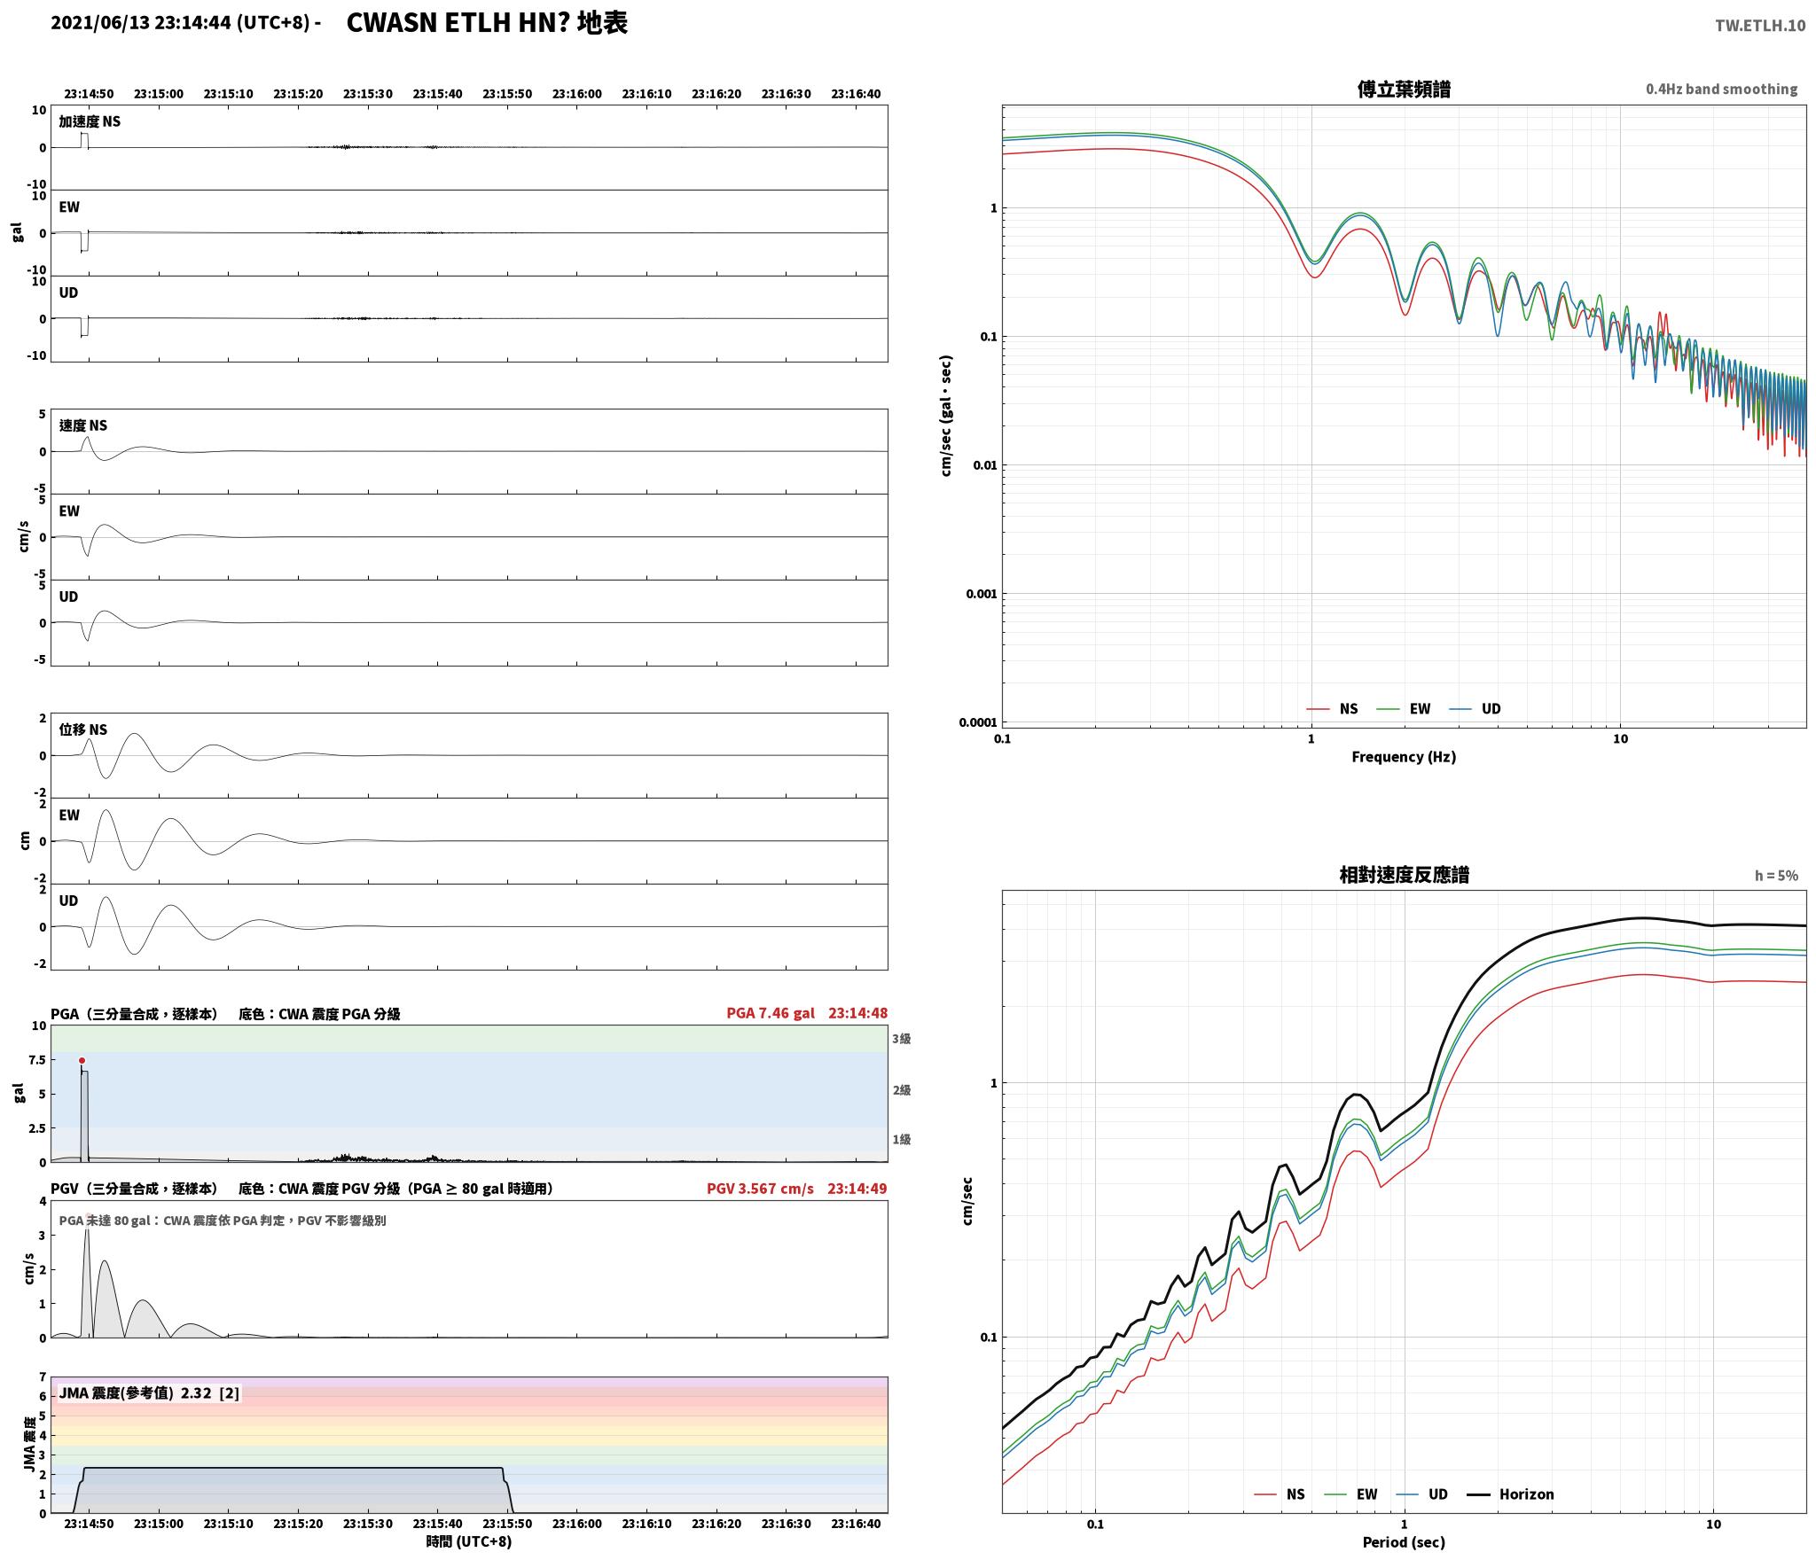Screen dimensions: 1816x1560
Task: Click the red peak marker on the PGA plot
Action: pyautogui.click(x=82, y=1060)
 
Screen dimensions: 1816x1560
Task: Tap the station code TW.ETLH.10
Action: pyautogui.click(x=1759, y=26)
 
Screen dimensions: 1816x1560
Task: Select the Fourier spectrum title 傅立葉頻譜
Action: pyautogui.click(x=1404, y=90)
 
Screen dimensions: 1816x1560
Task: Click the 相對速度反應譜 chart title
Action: pyautogui.click(x=1404, y=875)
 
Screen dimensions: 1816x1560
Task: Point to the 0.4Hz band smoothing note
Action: pyautogui.click(x=1721, y=90)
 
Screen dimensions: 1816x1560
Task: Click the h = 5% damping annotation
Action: pyautogui.click(x=1776, y=876)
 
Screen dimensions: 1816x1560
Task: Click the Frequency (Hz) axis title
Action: pyautogui.click(x=1404, y=757)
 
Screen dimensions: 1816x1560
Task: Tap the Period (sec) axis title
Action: pyautogui.click(x=1404, y=1542)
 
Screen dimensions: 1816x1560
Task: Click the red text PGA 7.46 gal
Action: pyautogui.click(x=771, y=1013)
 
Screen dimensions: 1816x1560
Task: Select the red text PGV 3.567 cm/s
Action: pyautogui.click(x=760, y=1189)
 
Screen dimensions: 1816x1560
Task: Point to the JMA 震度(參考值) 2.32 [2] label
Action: pyautogui.click(x=149, y=1393)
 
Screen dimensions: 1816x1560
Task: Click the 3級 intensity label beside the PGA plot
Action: pyautogui.click(x=902, y=1039)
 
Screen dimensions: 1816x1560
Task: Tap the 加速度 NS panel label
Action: pyautogui.click(x=90, y=121)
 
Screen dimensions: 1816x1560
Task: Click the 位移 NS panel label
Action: pyautogui.click(x=83, y=729)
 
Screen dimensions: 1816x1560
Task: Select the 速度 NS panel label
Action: pyautogui.click(x=83, y=425)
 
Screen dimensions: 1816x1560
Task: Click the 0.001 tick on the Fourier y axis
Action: pyautogui.click(x=981, y=594)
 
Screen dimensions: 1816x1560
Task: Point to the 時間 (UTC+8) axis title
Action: pyautogui.click(x=469, y=1541)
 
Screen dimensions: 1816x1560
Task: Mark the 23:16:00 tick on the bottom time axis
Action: pyautogui.click(x=577, y=1524)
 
